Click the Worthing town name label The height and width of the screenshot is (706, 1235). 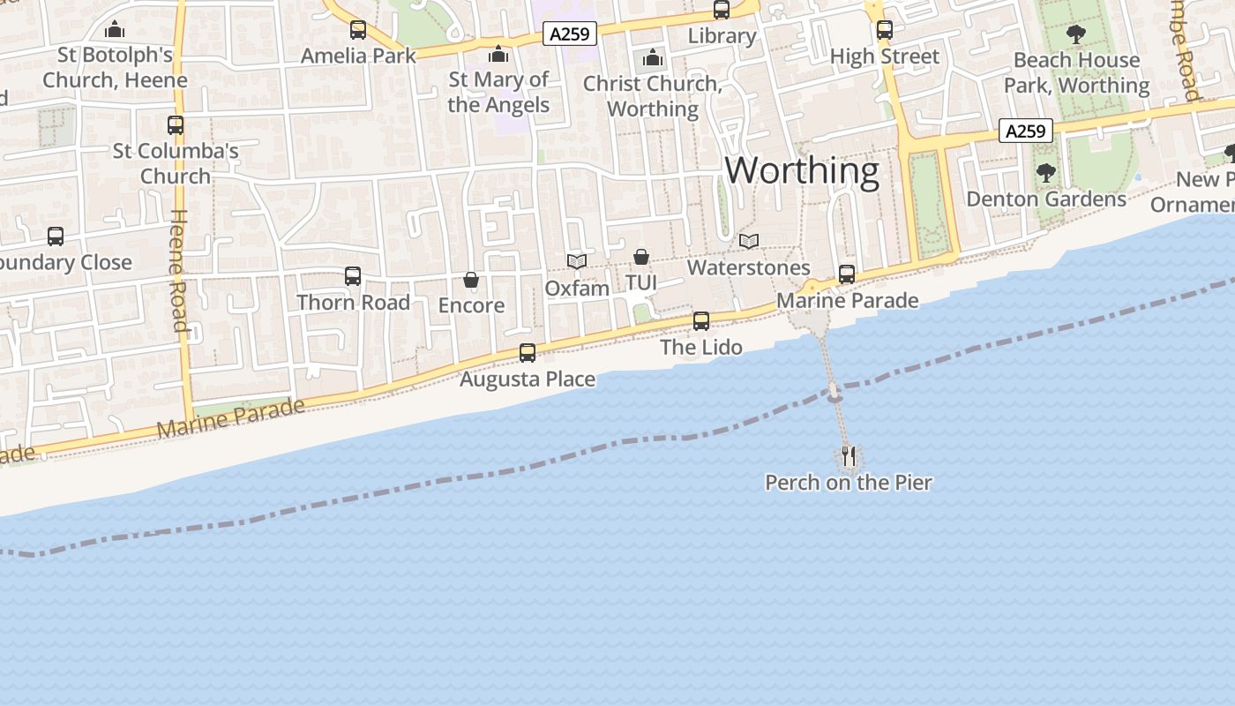802,169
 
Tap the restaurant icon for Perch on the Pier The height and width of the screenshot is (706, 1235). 849,456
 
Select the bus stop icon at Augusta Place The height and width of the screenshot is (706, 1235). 528,353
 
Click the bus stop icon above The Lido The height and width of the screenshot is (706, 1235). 701,321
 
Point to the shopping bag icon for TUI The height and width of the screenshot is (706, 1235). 641,257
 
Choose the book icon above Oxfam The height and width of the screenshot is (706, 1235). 577,261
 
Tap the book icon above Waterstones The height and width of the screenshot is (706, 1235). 749,241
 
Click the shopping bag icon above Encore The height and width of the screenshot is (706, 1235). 471,281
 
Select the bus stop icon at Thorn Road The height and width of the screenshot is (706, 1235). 353,276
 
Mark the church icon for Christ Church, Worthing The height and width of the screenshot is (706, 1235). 653,58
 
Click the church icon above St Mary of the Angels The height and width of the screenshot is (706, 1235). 498,55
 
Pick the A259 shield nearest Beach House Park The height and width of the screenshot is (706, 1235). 1025,131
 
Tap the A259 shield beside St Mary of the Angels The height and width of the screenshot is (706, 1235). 569,34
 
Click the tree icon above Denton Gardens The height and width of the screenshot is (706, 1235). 1046,173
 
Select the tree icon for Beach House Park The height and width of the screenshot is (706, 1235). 1075,34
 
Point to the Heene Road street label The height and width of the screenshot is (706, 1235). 179,270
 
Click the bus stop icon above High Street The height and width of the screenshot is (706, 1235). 885,30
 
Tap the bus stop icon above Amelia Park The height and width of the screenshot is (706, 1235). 357,30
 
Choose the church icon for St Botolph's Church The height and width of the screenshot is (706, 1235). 115,30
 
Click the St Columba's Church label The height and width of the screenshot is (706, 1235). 176,163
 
